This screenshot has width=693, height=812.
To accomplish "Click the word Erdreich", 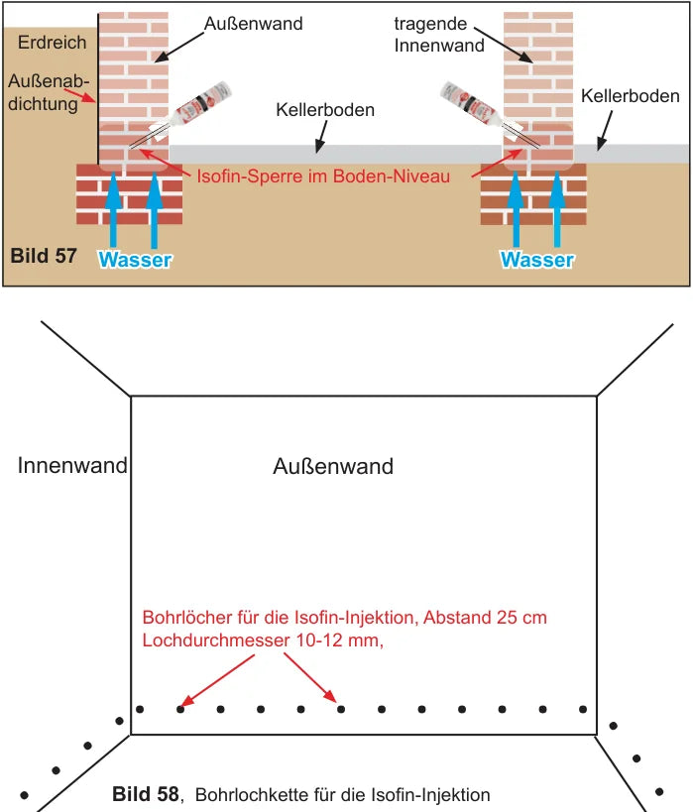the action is [x=52, y=42].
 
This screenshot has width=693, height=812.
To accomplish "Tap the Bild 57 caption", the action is [x=44, y=256].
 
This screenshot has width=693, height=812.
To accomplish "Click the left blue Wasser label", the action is [x=135, y=260].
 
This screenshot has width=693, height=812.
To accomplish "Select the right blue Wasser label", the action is [x=537, y=260].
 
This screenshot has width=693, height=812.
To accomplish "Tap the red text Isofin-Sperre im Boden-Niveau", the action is [x=323, y=176].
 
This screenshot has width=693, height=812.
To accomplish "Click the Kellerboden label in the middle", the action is [x=325, y=110].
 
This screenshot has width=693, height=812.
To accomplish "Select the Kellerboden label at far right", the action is [x=630, y=96].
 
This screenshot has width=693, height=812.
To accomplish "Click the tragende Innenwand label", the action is [x=439, y=34].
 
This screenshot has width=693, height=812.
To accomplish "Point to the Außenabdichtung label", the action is [x=49, y=92].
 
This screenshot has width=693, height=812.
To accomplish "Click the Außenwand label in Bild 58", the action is [x=333, y=466].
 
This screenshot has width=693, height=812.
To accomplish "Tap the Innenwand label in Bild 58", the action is [x=72, y=465].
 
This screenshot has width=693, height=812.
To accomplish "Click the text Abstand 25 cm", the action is [x=485, y=618].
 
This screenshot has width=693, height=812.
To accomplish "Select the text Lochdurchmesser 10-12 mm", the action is [x=263, y=640].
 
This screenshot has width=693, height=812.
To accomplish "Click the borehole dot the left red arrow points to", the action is [x=180, y=709].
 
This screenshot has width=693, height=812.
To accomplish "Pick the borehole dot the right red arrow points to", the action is [x=341, y=709].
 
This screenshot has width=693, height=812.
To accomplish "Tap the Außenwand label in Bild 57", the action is [x=253, y=24].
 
